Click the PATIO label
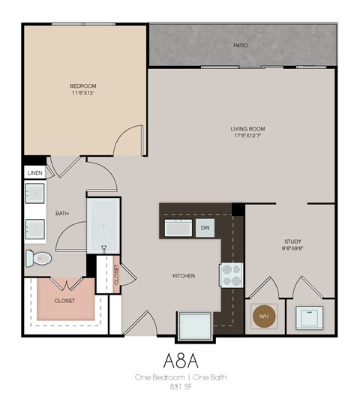click(x=241, y=46)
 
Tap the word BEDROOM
click(x=83, y=86)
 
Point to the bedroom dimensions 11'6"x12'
click(x=83, y=94)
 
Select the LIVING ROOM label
click(x=247, y=129)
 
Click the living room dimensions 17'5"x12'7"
click(x=247, y=136)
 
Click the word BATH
click(x=62, y=214)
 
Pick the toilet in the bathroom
click(x=39, y=259)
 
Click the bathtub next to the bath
click(x=103, y=225)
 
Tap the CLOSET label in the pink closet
click(x=64, y=300)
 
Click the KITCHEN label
click(x=184, y=276)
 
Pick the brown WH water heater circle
click(x=264, y=316)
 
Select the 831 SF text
click(x=181, y=386)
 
